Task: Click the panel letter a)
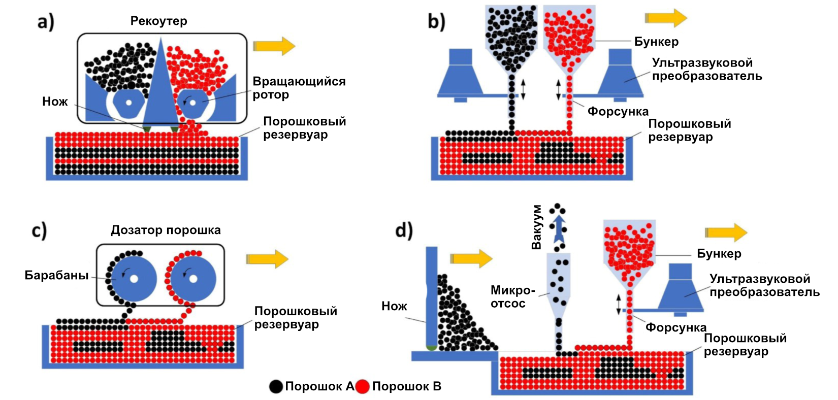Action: pos(45,23)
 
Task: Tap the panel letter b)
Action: pos(436,22)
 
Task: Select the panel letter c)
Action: pos(39,230)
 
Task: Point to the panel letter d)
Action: pos(404,230)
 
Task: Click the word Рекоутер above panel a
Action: pos(158,21)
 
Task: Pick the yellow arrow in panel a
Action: pos(274,46)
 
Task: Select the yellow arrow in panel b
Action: pos(666,18)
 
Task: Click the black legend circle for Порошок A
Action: pos(276,387)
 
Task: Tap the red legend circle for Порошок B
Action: pos(362,387)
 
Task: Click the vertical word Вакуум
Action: pos(536,227)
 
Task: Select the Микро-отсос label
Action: pos(512,297)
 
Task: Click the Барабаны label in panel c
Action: pos(56,276)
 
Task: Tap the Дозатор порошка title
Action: pos(166,230)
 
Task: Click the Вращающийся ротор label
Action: pos(299,88)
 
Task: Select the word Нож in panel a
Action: pos(55,102)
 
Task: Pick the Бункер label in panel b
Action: pos(656,42)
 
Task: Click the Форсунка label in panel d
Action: pos(675,327)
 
